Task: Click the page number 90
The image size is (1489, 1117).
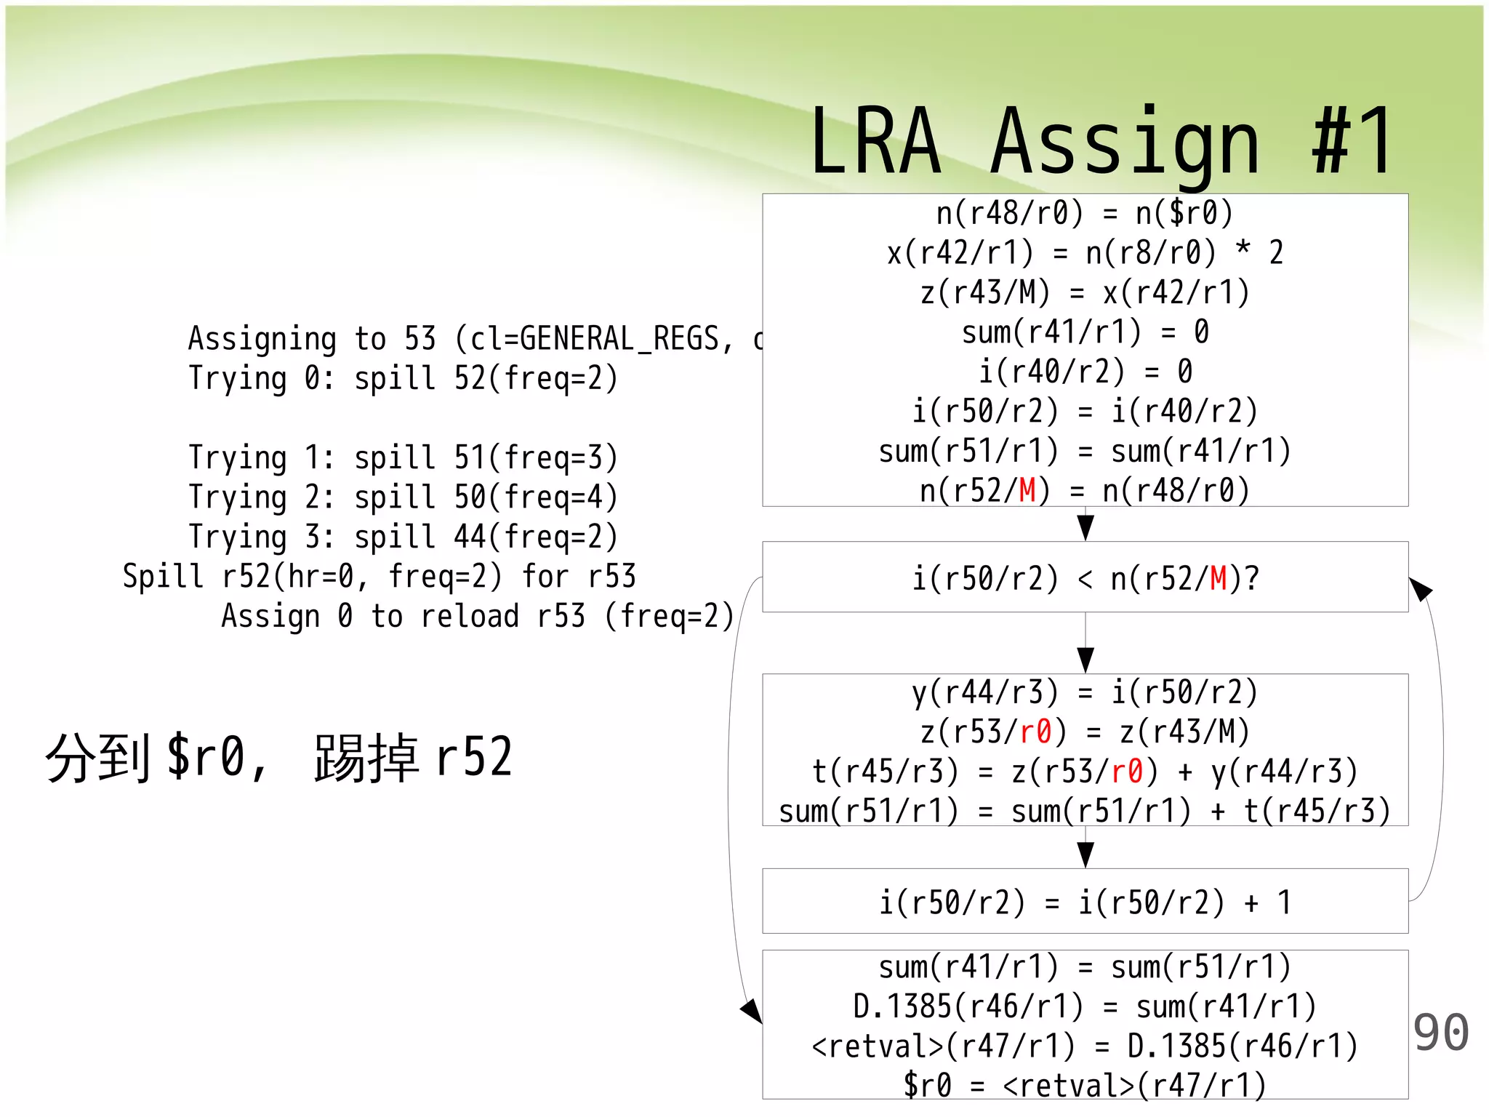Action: click(x=1440, y=1033)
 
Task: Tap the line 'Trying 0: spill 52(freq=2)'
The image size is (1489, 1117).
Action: click(x=403, y=378)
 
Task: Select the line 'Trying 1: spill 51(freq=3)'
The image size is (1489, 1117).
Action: click(x=403, y=457)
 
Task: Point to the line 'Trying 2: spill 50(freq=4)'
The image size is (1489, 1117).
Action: click(x=403, y=497)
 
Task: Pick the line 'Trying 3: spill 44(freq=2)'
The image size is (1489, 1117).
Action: click(x=403, y=537)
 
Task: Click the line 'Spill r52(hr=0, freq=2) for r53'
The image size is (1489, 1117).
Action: click(x=379, y=577)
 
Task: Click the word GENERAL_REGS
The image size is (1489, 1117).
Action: click(x=618, y=339)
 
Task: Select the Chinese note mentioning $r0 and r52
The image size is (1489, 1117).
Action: click(x=279, y=758)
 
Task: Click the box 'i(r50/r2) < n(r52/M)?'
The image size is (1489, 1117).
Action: click(x=1085, y=578)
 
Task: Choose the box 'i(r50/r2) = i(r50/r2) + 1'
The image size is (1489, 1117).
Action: click(x=1085, y=902)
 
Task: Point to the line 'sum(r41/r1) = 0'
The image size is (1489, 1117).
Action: click(x=1085, y=332)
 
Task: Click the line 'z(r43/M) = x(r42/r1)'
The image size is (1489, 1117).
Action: click(x=1085, y=292)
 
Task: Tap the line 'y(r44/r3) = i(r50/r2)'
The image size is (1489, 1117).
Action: click(x=1085, y=692)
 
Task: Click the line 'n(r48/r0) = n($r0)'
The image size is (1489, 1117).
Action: click(x=1085, y=213)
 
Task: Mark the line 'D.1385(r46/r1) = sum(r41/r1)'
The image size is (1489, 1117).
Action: click(x=1085, y=1006)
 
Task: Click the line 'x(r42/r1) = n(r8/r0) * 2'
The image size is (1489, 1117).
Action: click(x=1085, y=253)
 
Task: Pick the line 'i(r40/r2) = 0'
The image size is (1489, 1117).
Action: click(x=1085, y=372)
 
